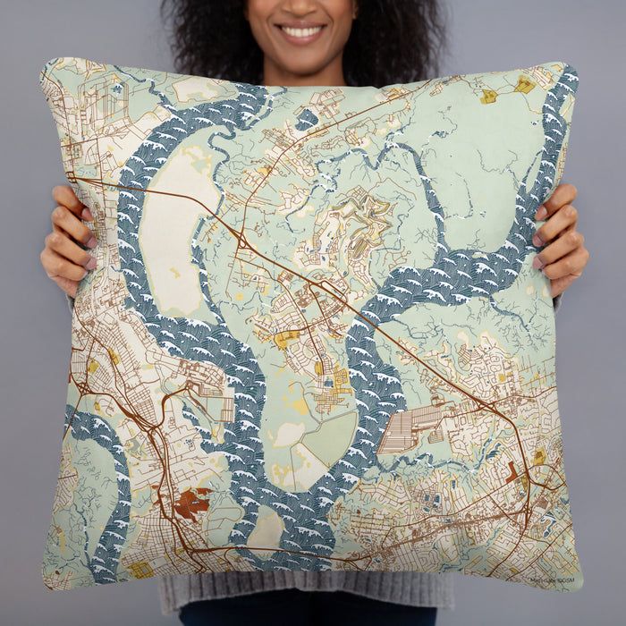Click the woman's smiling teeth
pyautogui.click(x=302, y=32)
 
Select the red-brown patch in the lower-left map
pyautogui.click(x=190, y=503)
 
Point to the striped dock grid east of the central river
pyautogui.click(x=408, y=429)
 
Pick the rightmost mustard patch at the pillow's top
pyautogui.click(x=525, y=86)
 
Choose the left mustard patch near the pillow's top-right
pyautogui.click(x=488, y=96)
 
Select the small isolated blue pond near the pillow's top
pyautogui.click(x=307, y=119)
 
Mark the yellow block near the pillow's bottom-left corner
pyautogui.click(x=140, y=569)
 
